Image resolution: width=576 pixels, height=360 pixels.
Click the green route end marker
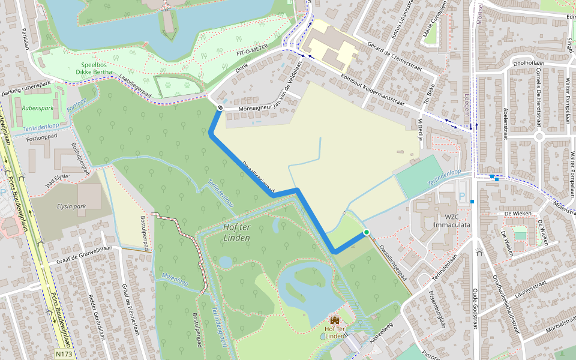click(x=366, y=232)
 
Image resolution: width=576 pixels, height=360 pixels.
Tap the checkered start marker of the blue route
click(x=220, y=108)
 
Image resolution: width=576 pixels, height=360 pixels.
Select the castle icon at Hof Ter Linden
click(x=334, y=320)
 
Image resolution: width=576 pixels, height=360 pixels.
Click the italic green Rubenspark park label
click(x=37, y=108)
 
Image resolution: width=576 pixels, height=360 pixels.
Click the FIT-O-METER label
click(x=252, y=53)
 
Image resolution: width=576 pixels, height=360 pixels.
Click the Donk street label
click(x=241, y=70)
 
